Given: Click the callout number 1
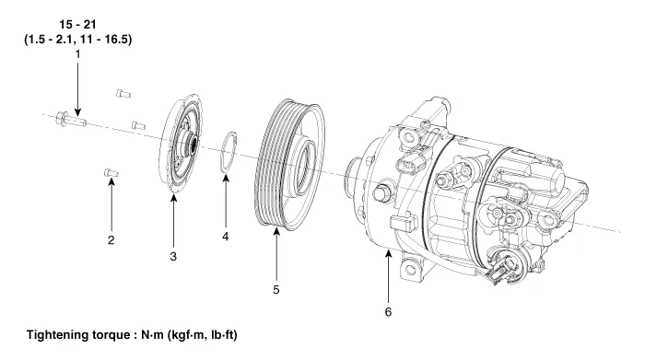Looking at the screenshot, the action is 77,53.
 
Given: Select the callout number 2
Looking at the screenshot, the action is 111,240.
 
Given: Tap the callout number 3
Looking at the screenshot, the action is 173,257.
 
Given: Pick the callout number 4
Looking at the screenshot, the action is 226,237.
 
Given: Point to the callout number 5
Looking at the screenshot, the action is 276,290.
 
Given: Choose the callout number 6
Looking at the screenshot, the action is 388,312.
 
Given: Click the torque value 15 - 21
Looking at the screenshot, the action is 77,24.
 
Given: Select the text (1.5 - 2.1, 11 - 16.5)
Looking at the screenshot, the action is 78,40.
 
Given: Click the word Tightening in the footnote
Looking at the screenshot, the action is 57,335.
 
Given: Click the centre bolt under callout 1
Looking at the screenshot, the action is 71,119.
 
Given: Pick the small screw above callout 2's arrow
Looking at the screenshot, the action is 111,173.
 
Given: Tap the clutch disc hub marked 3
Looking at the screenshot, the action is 182,144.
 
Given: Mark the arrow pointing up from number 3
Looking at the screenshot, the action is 173,222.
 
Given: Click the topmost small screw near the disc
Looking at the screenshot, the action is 123,94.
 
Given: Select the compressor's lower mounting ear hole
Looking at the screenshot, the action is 410,270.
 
